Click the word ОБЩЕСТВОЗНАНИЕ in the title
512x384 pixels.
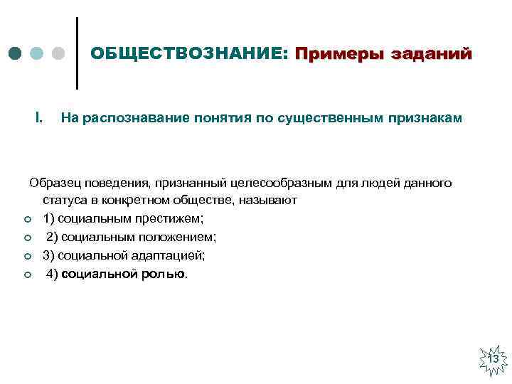point(188,54)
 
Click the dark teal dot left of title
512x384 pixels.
point(16,54)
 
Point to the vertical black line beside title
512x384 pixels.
point(76,53)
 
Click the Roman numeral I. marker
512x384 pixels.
point(39,117)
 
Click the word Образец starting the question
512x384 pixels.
point(55,183)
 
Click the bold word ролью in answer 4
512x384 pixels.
point(165,273)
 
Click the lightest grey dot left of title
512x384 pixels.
point(59,54)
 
